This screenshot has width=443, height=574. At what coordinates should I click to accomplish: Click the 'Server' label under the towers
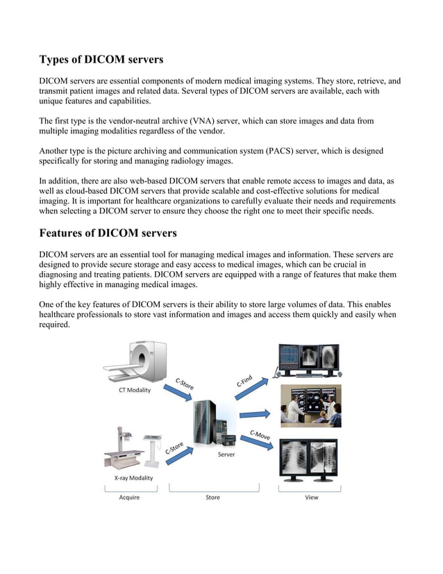pos(226,455)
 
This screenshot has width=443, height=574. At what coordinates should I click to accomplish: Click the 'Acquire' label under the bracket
pos(129,498)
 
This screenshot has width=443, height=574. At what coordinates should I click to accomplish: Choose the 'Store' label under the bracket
pos(212,498)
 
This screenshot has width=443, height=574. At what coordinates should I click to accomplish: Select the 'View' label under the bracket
pos(312,498)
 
